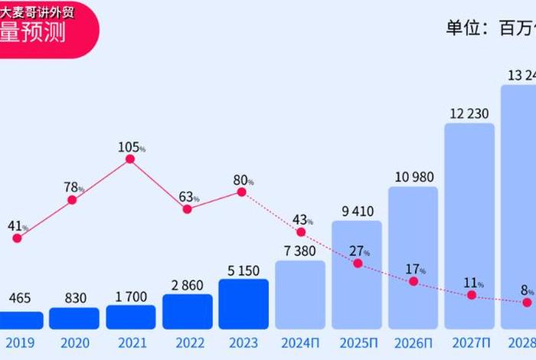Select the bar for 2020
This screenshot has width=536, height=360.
coord(74,318)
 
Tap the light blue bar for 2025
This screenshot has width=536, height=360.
coord(356,275)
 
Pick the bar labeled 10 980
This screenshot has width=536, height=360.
coord(413,257)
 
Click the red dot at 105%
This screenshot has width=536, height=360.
coord(130,159)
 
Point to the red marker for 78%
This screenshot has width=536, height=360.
coord(72,200)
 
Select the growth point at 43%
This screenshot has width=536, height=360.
coord(301,231)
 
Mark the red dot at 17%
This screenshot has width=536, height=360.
coord(413,281)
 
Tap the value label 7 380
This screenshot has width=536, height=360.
coord(300,251)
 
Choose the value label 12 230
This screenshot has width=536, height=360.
coord(469,113)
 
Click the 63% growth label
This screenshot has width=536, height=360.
coord(188,197)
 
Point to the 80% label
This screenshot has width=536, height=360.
coord(243,181)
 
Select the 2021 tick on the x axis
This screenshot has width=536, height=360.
coord(130,343)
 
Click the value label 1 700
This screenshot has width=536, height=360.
coord(130,296)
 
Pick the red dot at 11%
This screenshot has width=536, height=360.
coord(471,294)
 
